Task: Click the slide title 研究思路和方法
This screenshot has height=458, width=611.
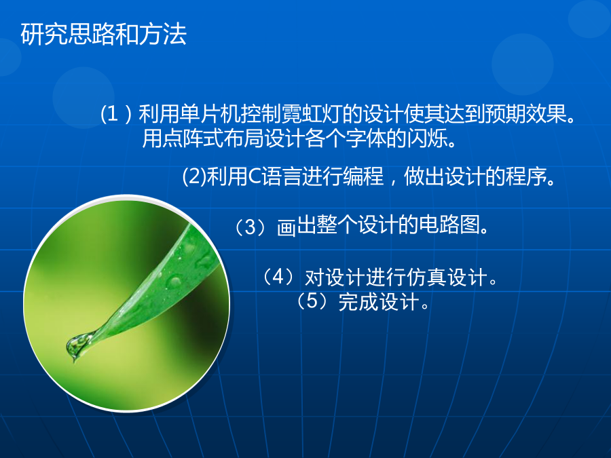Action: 104,35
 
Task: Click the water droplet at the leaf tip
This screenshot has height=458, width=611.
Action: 76,345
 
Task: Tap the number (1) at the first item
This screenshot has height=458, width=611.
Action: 115,114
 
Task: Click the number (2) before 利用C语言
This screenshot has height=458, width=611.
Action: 194,176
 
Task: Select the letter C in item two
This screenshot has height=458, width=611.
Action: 254,176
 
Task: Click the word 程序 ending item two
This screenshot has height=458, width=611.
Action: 525,176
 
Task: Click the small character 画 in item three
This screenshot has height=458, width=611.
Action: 286,228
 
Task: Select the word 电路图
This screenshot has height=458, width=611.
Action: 449,225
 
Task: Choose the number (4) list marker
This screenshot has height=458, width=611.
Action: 278,278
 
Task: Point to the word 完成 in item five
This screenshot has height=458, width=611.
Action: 358,301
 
